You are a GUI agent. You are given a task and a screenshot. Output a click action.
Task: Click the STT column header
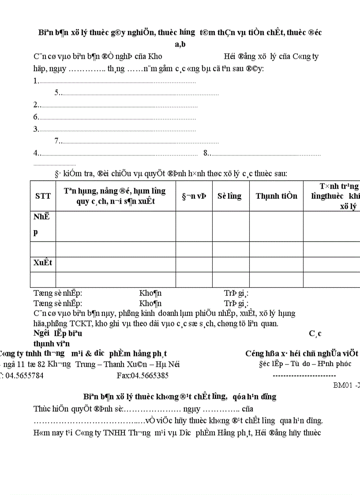pyautogui.click(x=43, y=196)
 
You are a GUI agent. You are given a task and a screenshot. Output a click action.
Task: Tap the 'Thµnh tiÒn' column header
pyautogui.click(x=276, y=196)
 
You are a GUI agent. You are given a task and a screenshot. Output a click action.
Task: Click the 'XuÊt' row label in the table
pyautogui.click(x=43, y=263)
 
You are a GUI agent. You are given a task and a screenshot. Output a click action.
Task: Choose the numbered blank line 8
pyautogui.click(x=262, y=153)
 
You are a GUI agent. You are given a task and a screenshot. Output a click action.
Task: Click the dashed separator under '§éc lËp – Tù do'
pyautogui.click(x=304, y=375)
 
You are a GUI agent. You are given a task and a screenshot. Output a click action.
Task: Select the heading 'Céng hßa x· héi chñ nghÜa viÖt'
pyautogui.click(x=302, y=353)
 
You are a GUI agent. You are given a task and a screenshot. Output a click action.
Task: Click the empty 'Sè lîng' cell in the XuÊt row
pyautogui.click(x=231, y=264)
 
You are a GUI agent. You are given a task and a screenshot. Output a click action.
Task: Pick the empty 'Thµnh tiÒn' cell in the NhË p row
pyautogui.click(x=276, y=226)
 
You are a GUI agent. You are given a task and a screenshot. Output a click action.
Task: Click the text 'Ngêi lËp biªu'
pyautogui.click(x=58, y=334)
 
